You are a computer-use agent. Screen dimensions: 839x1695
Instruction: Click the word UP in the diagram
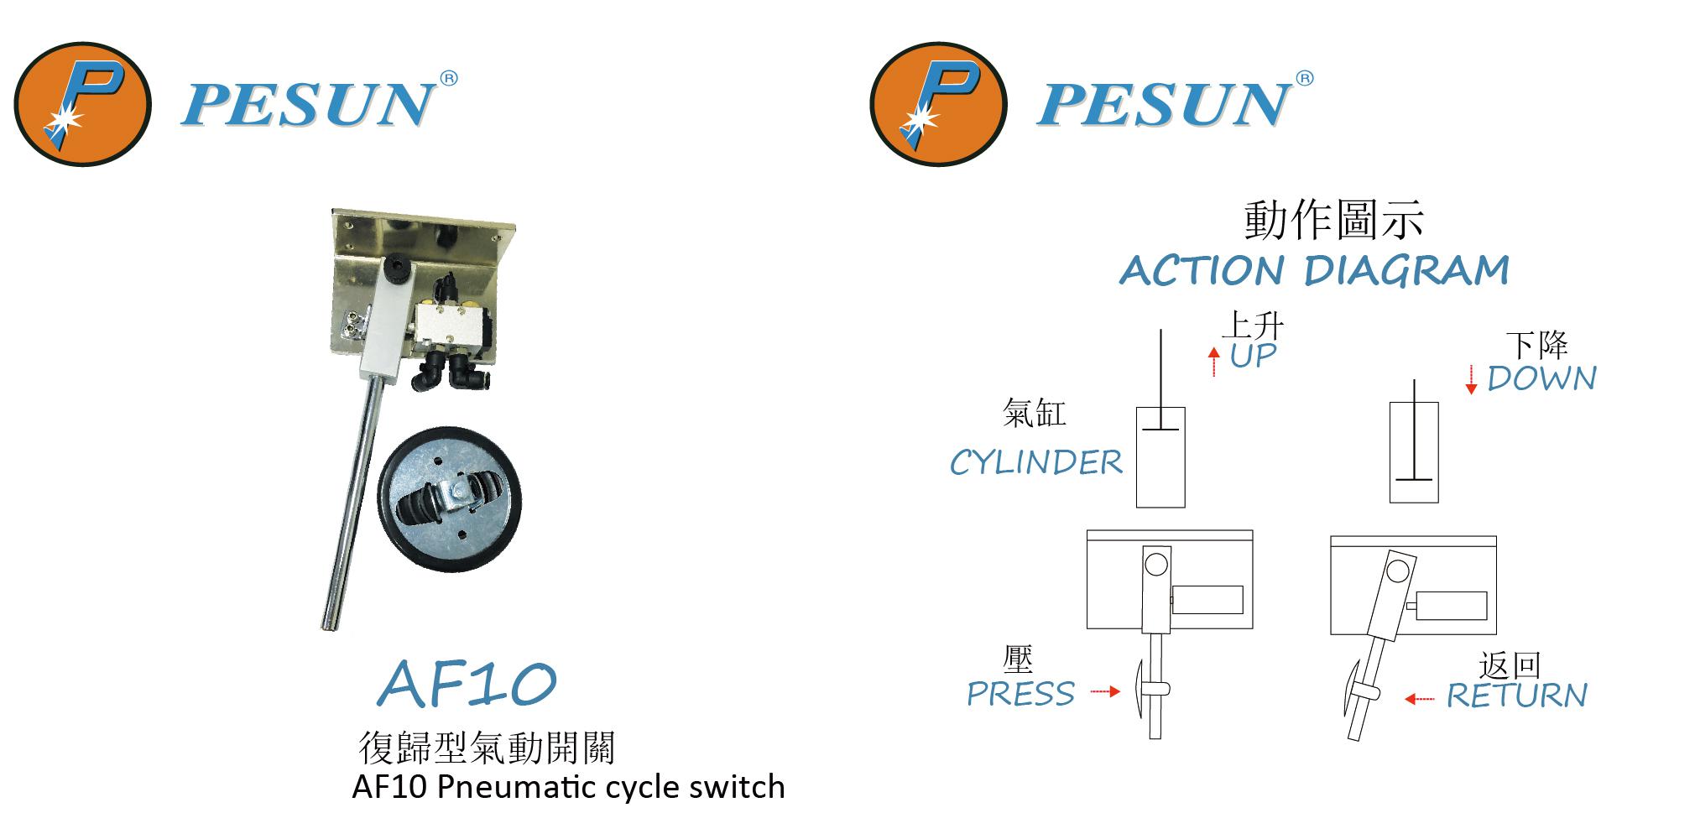click(x=1253, y=356)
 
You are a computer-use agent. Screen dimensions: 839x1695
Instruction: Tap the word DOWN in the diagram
click(x=1541, y=379)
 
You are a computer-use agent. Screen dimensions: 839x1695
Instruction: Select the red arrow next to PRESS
click(x=1105, y=691)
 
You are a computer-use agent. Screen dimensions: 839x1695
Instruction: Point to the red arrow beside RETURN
click(x=1420, y=698)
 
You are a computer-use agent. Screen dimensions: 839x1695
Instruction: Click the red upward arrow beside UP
click(x=1213, y=362)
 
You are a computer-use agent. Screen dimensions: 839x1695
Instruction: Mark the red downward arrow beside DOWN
click(x=1471, y=379)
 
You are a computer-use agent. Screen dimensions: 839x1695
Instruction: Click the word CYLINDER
click(x=1036, y=463)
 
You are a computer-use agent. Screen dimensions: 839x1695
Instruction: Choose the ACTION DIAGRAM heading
click(x=1314, y=270)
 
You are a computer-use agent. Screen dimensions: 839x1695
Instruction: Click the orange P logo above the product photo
click(x=82, y=103)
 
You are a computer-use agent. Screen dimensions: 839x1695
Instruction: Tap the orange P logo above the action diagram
click(x=937, y=103)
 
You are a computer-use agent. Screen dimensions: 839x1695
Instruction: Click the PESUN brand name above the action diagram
click(x=1163, y=105)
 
